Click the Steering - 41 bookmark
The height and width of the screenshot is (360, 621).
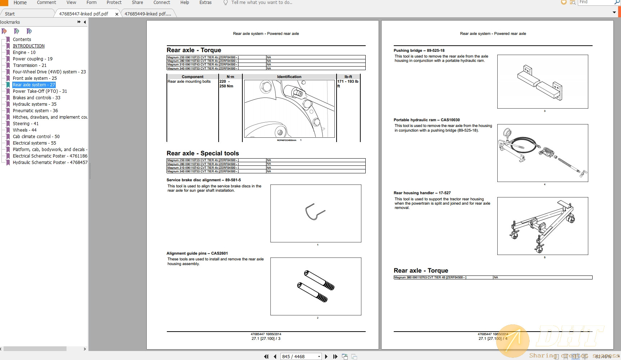coord(26,124)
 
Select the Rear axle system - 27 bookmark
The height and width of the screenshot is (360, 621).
coord(34,85)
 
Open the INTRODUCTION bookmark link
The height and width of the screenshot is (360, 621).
coord(29,46)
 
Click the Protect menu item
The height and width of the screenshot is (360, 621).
coord(114,3)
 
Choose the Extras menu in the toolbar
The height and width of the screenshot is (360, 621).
coord(205,3)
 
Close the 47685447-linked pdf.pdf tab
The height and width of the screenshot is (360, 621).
coord(117,14)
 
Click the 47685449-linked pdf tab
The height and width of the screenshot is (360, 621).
coord(148,14)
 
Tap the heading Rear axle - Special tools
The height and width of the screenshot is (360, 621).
coord(202,153)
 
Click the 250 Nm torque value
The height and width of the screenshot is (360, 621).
coord(226,86)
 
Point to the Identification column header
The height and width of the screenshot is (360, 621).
coord(289,77)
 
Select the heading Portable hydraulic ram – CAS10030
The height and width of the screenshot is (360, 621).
coord(426,120)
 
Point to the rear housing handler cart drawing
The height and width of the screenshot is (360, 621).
coord(542,226)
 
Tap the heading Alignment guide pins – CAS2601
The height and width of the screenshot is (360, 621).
coord(197,253)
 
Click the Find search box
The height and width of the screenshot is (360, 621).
coord(595,3)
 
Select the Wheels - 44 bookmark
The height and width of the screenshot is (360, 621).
coord(24,130)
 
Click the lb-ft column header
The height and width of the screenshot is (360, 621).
coord(348,77)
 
